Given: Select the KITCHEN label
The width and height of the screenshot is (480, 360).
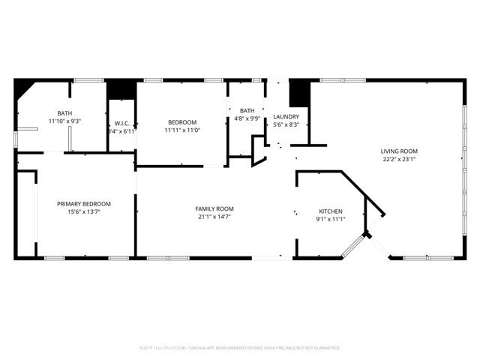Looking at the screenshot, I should (x=331, y=211).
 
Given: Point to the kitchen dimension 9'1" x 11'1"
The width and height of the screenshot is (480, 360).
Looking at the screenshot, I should (x=331, y=219).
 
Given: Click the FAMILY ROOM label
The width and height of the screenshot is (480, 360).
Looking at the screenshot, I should (x=214, y=208).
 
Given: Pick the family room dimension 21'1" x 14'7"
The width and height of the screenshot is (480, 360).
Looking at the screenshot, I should (x=214, y=217).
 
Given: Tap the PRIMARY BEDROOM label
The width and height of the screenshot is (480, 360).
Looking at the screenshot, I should (x=84, y=204).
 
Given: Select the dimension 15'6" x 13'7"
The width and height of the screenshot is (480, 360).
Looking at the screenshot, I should (x=84, y=212).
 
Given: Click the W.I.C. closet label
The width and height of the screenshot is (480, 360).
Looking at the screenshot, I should (x=121, y=123).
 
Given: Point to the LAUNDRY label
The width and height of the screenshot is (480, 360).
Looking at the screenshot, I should (x=286, y=116).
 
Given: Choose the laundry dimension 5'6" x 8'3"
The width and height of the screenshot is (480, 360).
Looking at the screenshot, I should (x=286, y=124).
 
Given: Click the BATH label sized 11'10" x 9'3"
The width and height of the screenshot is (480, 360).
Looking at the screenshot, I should (x=64, y=113).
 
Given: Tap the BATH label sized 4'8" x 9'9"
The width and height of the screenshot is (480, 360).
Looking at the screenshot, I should (x=247, y=110).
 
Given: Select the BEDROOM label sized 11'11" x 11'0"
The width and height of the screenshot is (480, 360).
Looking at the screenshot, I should (x=181, y=122).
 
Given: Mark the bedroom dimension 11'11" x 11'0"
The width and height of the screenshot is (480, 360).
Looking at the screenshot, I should (x=181, y=130).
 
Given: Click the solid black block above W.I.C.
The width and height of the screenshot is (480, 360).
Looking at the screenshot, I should (x=121, y=89).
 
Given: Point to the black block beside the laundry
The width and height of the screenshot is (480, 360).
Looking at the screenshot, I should (x=299, y=93).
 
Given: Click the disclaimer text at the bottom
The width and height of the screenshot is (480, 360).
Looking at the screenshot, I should (x=240, y=348).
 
